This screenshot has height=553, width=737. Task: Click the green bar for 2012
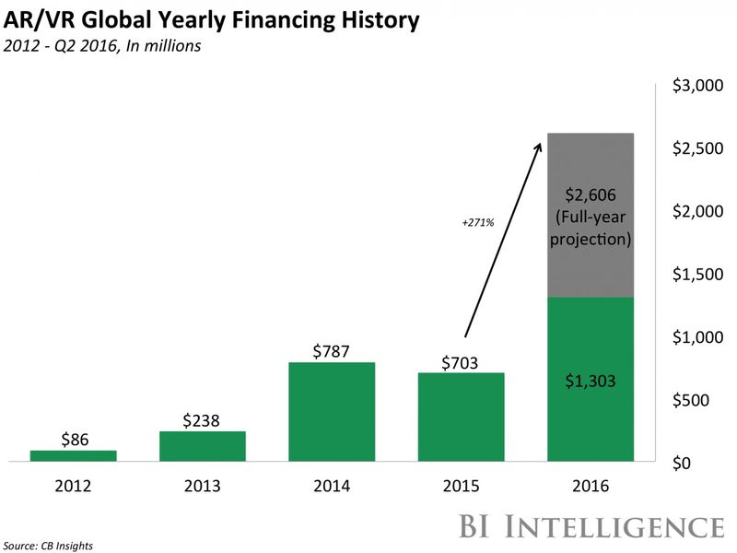click(73, 455)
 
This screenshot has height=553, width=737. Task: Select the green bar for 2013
click(203, 446)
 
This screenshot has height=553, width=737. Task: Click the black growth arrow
click(501, 240)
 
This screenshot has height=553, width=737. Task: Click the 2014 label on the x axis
click(332, 486)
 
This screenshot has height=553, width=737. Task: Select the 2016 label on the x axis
click(591, 486)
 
